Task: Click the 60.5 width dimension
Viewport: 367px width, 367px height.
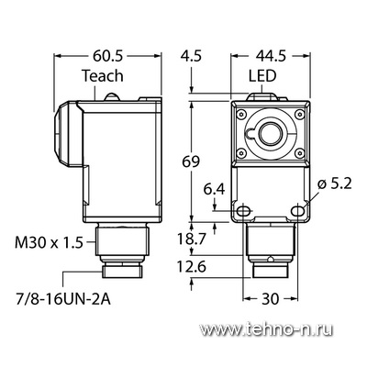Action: [107, 56]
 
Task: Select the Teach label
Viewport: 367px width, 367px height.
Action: [103, 76]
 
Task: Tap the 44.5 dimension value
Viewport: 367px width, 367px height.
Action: [271, 56]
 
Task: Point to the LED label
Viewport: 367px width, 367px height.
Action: [262, 76]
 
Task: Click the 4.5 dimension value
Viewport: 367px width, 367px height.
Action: [191, 56]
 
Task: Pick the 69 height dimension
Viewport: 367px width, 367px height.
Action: [191, 161]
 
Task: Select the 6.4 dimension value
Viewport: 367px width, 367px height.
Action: [215, 190]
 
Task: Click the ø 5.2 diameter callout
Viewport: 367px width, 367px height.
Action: [335, 184]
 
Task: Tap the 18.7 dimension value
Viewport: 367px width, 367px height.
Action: [193, 239]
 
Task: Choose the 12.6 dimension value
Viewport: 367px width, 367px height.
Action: [193, 267]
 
